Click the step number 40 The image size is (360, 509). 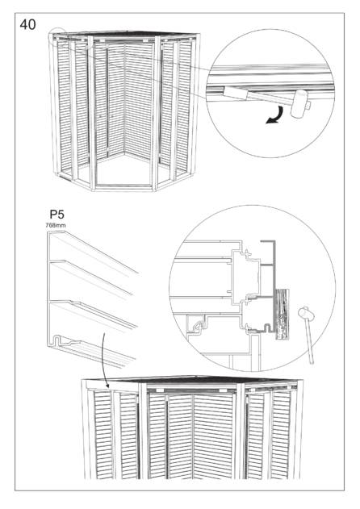tap(27, 25)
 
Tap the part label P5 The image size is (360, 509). tap(57, 215)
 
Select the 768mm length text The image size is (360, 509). tap(56, 225)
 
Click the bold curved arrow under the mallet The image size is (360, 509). tap(274, 116)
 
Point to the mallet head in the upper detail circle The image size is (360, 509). tap(299, 103)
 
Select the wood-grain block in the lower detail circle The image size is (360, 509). tap(282, 314)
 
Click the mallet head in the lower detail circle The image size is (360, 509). tap(306, 313)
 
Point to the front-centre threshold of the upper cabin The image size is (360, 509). tap(124, 187)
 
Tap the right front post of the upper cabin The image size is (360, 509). tap(156, 113)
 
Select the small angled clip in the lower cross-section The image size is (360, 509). tap(197, 325)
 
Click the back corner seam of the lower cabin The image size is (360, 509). tap(193, 436)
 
